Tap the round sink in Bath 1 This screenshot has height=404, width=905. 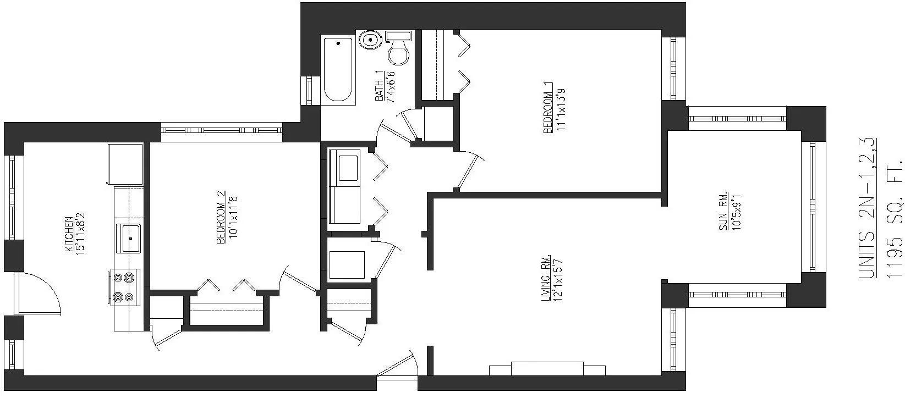[370, 40]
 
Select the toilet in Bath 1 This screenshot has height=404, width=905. [398, 49]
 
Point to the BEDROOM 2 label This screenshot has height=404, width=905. [221, 217]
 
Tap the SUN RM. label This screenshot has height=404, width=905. [725, 210]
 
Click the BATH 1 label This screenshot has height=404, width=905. [379, 86]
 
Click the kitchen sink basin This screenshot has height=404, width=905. [130, 238]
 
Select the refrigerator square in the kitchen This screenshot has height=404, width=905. [125, 164]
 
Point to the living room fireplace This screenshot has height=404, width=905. [547, 369]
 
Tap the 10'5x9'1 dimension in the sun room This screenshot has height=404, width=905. [737, 210]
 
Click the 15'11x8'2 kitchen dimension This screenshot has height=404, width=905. [81, 234]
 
